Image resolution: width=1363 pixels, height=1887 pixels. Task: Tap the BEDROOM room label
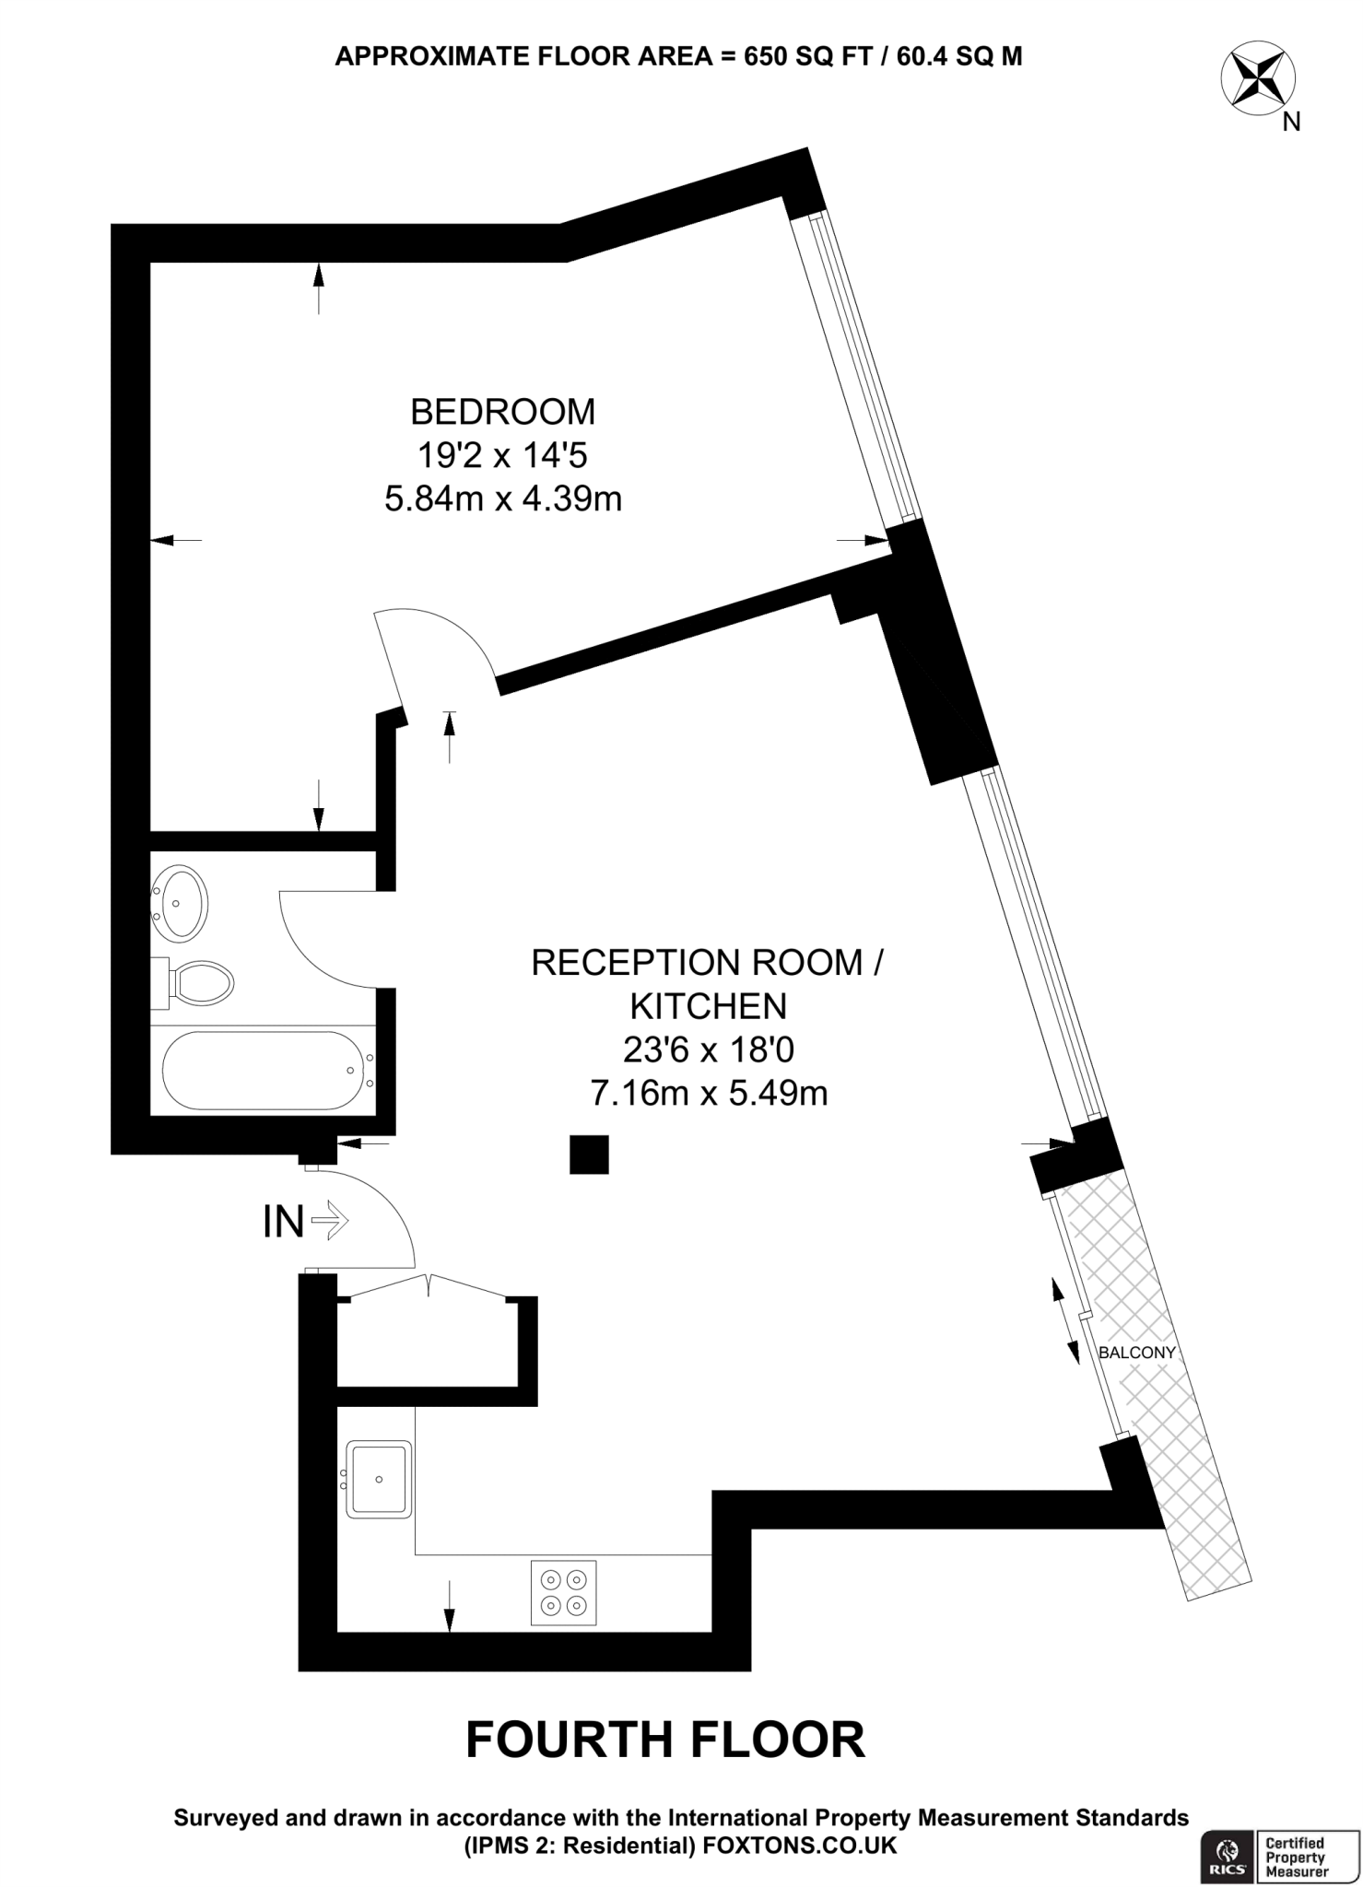tap(502, 412)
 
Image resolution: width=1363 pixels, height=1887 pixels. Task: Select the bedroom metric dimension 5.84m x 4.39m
tap(502, 499)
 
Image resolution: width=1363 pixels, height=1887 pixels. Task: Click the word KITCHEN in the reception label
tap(708, 1007)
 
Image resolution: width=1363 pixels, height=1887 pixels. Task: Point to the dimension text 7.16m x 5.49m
tap(708, 1094)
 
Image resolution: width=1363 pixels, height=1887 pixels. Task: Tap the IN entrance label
tap(284, 1222)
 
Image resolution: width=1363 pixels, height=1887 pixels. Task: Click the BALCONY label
tap(1137, 1354)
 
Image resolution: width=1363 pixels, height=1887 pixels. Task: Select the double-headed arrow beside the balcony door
tap(1064, 1320)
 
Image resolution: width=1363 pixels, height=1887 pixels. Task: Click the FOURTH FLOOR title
tap(665, 1740)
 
